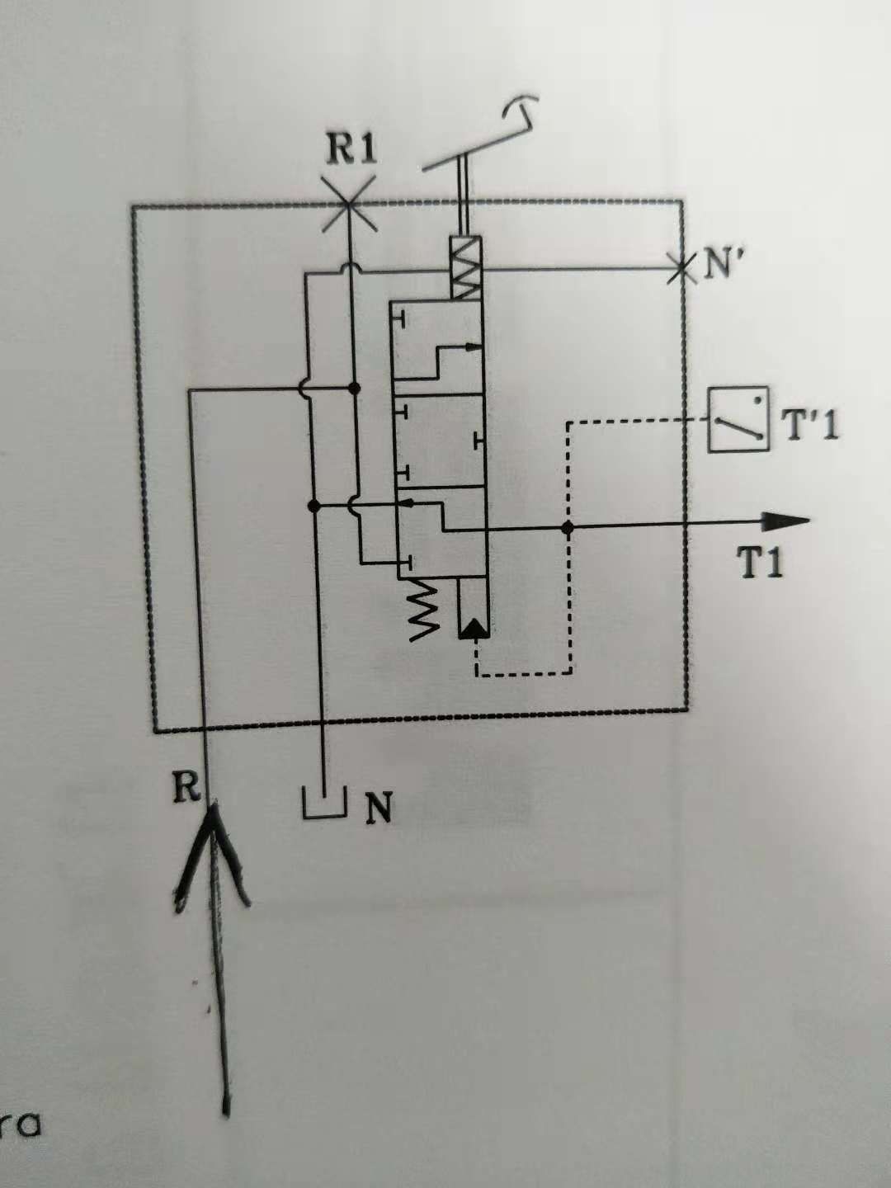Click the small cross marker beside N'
[681, 267]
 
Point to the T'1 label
[809, 427]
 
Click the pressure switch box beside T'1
[738, 420]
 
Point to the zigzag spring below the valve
[426, 608]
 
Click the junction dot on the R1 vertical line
[355, 387]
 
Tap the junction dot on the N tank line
[313, 504]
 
